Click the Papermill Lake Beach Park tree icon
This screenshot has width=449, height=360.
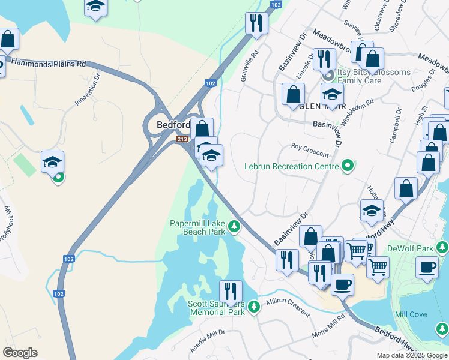click(x=234, y=227)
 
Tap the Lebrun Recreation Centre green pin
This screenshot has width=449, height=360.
click(x=347, y=166)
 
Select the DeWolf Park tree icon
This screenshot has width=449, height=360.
click(x=442, y=247)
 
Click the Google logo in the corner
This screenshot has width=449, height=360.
click(x=20, y=353)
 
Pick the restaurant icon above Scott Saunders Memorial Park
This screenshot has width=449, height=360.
click(x=231, y=292)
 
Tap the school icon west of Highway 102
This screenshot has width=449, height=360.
click(x=52, y=162)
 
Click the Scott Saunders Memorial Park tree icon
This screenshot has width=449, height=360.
click(x=254, y=307)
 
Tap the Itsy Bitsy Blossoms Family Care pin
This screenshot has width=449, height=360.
click(x=328, y=77)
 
